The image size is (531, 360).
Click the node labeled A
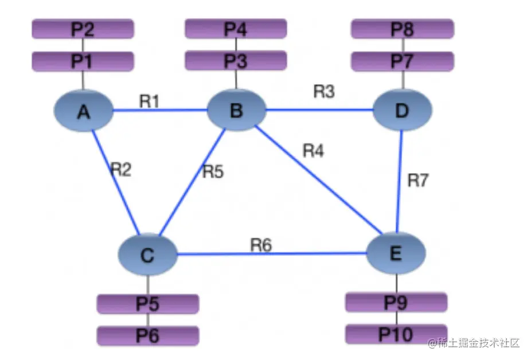84,111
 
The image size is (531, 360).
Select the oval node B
236,110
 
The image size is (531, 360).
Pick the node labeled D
402,111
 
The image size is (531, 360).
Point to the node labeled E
396,253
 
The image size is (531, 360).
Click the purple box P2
83,29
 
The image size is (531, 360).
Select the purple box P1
83,61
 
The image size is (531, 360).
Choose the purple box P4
236,29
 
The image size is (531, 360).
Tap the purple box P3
236,60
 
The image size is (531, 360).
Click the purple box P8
402,29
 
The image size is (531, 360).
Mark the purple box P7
402,61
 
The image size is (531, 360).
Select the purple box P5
147,304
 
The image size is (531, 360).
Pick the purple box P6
147,335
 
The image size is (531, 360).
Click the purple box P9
396,302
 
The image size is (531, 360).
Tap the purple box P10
396,333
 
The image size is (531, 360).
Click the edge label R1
149,101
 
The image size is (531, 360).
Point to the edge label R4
314,151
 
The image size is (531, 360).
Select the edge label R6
261,245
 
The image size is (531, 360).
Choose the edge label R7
418,180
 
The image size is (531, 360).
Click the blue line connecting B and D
318,109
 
